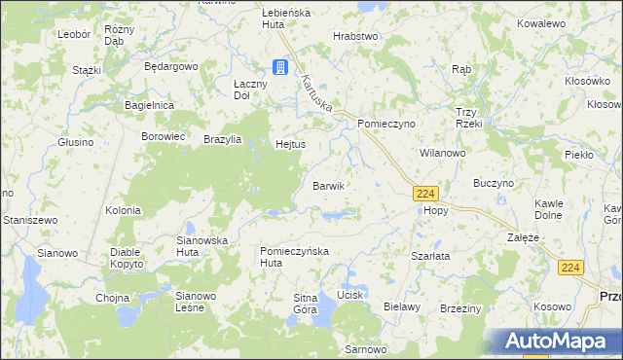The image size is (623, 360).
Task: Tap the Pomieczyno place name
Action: [x=386, y=125]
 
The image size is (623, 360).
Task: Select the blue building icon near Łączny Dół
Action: [x=280, y=67]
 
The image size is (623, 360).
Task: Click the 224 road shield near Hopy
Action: [x=424, y=194]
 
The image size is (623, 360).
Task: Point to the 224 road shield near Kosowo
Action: [x=572, y=267]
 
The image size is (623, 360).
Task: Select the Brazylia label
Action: [x=223, y=139]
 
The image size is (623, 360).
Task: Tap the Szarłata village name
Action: [x=429, y=255]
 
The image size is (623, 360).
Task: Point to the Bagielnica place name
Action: [x=149, y=104]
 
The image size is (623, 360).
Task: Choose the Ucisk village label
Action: [x=349, y=294]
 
